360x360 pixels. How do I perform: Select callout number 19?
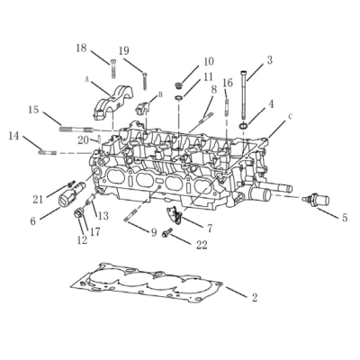(124, 50)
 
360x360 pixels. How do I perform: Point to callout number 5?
(344, 217)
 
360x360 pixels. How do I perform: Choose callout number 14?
(13, 136)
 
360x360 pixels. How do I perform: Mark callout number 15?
(32, 111)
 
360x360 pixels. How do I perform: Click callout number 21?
(38, 198)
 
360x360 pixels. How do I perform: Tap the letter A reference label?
(87, 79)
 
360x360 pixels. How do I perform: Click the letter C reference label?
(290, 117)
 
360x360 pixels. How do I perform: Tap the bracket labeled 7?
(177, 216)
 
